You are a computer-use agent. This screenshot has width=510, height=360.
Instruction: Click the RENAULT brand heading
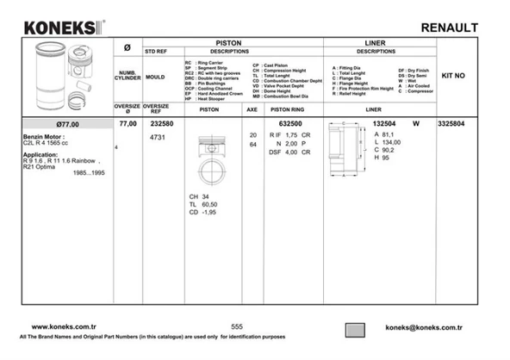tap(449, 28)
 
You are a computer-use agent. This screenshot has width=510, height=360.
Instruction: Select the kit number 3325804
tap(451, 124)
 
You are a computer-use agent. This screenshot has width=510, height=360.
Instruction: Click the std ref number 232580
tap(161, 124)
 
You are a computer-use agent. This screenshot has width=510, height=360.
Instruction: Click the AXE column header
tap(252, 110)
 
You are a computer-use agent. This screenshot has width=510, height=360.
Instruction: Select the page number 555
tap(238, 327)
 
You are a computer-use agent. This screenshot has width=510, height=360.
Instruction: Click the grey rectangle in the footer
tap(358, 328)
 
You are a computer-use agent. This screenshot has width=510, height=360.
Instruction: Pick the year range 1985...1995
tap(90, 174)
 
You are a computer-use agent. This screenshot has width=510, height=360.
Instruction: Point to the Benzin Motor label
tap(42, 136)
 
